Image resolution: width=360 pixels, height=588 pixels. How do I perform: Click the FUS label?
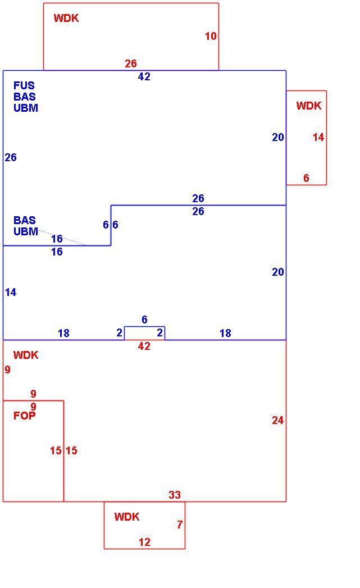pos(24,85)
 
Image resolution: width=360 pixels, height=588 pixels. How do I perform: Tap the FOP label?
pos(24,416)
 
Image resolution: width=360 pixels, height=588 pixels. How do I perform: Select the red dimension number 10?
pos(211,36)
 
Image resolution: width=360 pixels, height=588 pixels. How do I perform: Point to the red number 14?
pos(318,137)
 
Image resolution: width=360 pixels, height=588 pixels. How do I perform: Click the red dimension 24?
pos(278,421)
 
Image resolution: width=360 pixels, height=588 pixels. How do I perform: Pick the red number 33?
pos(175,495)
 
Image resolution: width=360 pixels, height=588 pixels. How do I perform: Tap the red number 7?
pos(180,525)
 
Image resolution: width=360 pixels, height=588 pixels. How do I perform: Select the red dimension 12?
pos(144,543)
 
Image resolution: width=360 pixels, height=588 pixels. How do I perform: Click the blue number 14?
pos(11,292)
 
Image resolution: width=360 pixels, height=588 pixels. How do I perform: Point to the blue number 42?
pos(144,76)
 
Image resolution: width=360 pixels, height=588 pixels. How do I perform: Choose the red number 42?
pos(144,346)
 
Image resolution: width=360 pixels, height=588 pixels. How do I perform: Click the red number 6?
pos(307,178)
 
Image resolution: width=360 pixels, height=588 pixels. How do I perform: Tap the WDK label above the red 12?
pos(127,517)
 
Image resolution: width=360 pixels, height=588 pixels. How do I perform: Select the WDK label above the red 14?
pos(309,106)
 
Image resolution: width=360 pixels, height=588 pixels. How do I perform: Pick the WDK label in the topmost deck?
pos(66,18)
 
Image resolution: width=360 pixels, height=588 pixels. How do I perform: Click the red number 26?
pos(131,63)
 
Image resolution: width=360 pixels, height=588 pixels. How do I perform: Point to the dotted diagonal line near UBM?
pos(62,238)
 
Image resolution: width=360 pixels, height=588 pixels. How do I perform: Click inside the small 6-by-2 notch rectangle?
pos(144,333)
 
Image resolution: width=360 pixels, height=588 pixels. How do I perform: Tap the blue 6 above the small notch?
pos(144,320)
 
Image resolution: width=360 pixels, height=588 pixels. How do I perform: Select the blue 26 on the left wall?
pos(11,157)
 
